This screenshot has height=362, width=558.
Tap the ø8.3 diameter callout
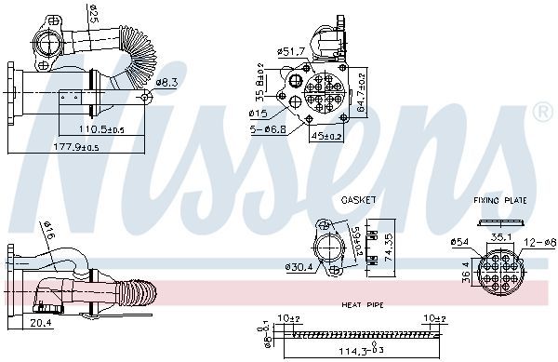click(166, 83)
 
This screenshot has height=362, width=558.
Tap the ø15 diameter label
click(257, 114)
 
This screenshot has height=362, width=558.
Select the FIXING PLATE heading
click(500, 200)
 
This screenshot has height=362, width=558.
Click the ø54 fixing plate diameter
click(460, 242)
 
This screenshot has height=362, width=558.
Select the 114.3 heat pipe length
click(352, 351)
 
